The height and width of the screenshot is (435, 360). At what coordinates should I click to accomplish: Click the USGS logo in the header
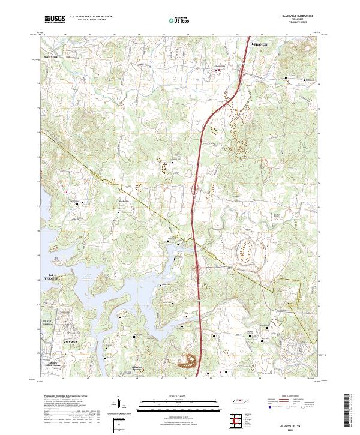pos(55,20)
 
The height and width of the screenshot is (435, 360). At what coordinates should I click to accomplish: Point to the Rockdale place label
pos(123,201)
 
